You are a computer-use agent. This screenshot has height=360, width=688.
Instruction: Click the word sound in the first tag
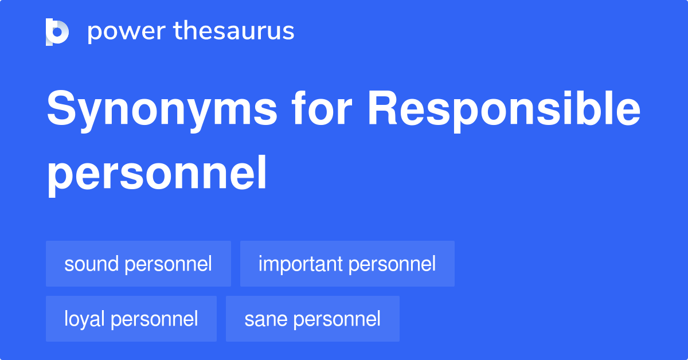91,264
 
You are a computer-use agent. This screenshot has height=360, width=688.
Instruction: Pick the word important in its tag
300,265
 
